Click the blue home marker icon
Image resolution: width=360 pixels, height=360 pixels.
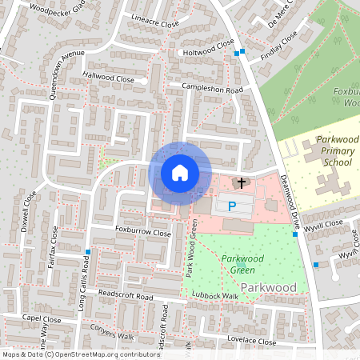pyautogui.click(x=180, y=173)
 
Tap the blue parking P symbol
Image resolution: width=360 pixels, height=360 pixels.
pyautogui.click(x=233, y=206)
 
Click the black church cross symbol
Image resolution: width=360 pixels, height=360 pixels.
pyautogui.click(x=241, y=183)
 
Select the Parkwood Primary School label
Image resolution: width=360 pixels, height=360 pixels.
pyautogui.click(x=336, y=150)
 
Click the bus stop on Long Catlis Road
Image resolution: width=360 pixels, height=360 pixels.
pyautogui.click(x=87, y=253)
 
